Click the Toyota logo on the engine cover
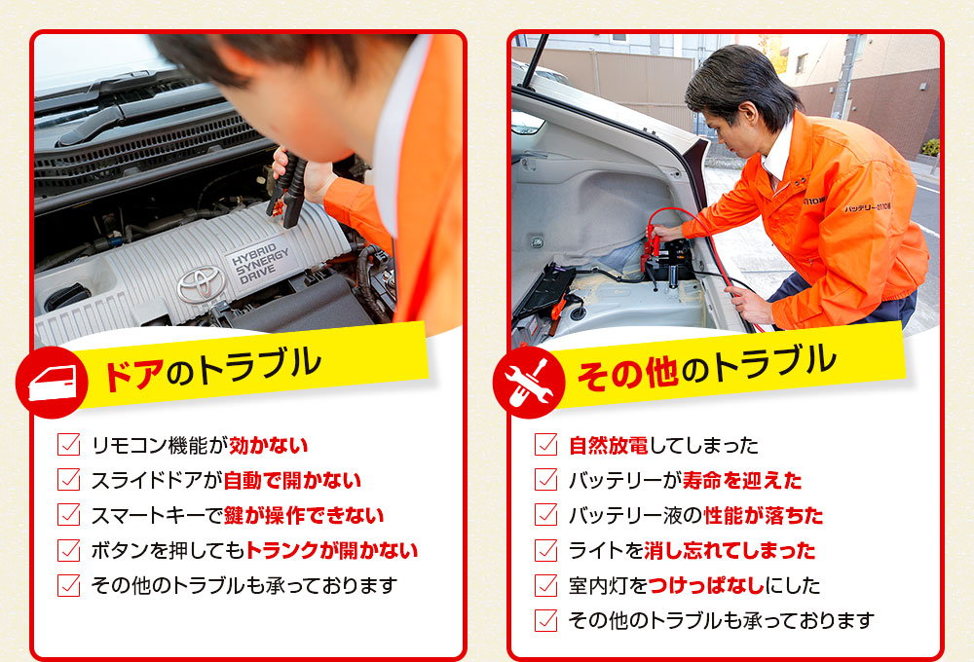[x=201, y=284]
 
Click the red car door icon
[x=53, y=382]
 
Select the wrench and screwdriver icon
[x=529, y=382]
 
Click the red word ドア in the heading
[x=133, y=374]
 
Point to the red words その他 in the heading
[x=627, y=373]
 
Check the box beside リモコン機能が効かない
[x=68, y=445]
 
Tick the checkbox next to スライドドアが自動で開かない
[x=68, y=479]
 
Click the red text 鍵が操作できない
[x=303, y=515]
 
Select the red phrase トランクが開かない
[x=332, y=550]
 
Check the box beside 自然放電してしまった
[x=545, y=445]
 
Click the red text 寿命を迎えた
[x=741, y=480]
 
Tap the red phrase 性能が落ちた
[x=763, y=515]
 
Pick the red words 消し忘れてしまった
[x=730, y=550]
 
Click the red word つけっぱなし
[x=706, y=585]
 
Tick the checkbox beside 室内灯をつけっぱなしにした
[x=545, y=585]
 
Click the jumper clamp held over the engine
[x=287, y=186]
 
